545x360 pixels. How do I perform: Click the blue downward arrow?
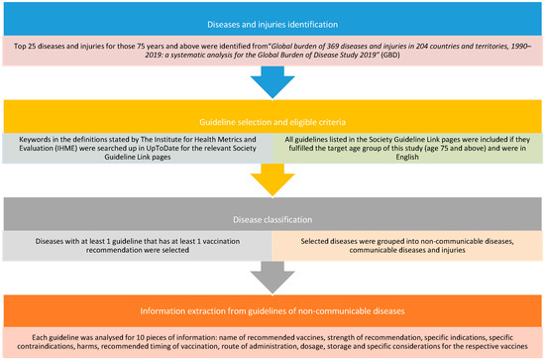272,90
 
